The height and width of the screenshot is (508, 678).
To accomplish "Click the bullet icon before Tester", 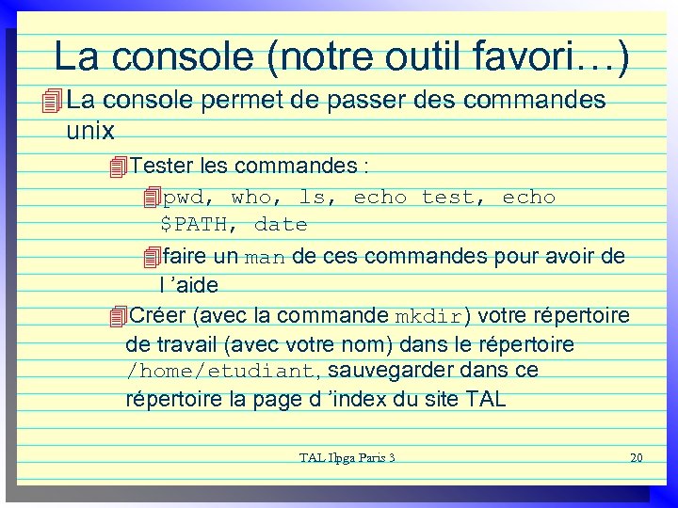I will point(117,167).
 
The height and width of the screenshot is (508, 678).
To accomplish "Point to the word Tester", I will point(163,167).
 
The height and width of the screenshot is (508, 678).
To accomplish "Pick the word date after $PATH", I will point(281,225).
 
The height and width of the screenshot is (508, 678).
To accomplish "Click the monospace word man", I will point(265,258).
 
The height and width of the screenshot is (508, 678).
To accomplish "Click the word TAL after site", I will point(485,399).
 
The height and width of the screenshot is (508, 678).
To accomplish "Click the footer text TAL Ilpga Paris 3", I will point(347,458).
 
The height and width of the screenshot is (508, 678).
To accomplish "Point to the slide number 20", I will point(635,458).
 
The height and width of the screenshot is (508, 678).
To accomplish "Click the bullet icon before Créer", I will point(117,316).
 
